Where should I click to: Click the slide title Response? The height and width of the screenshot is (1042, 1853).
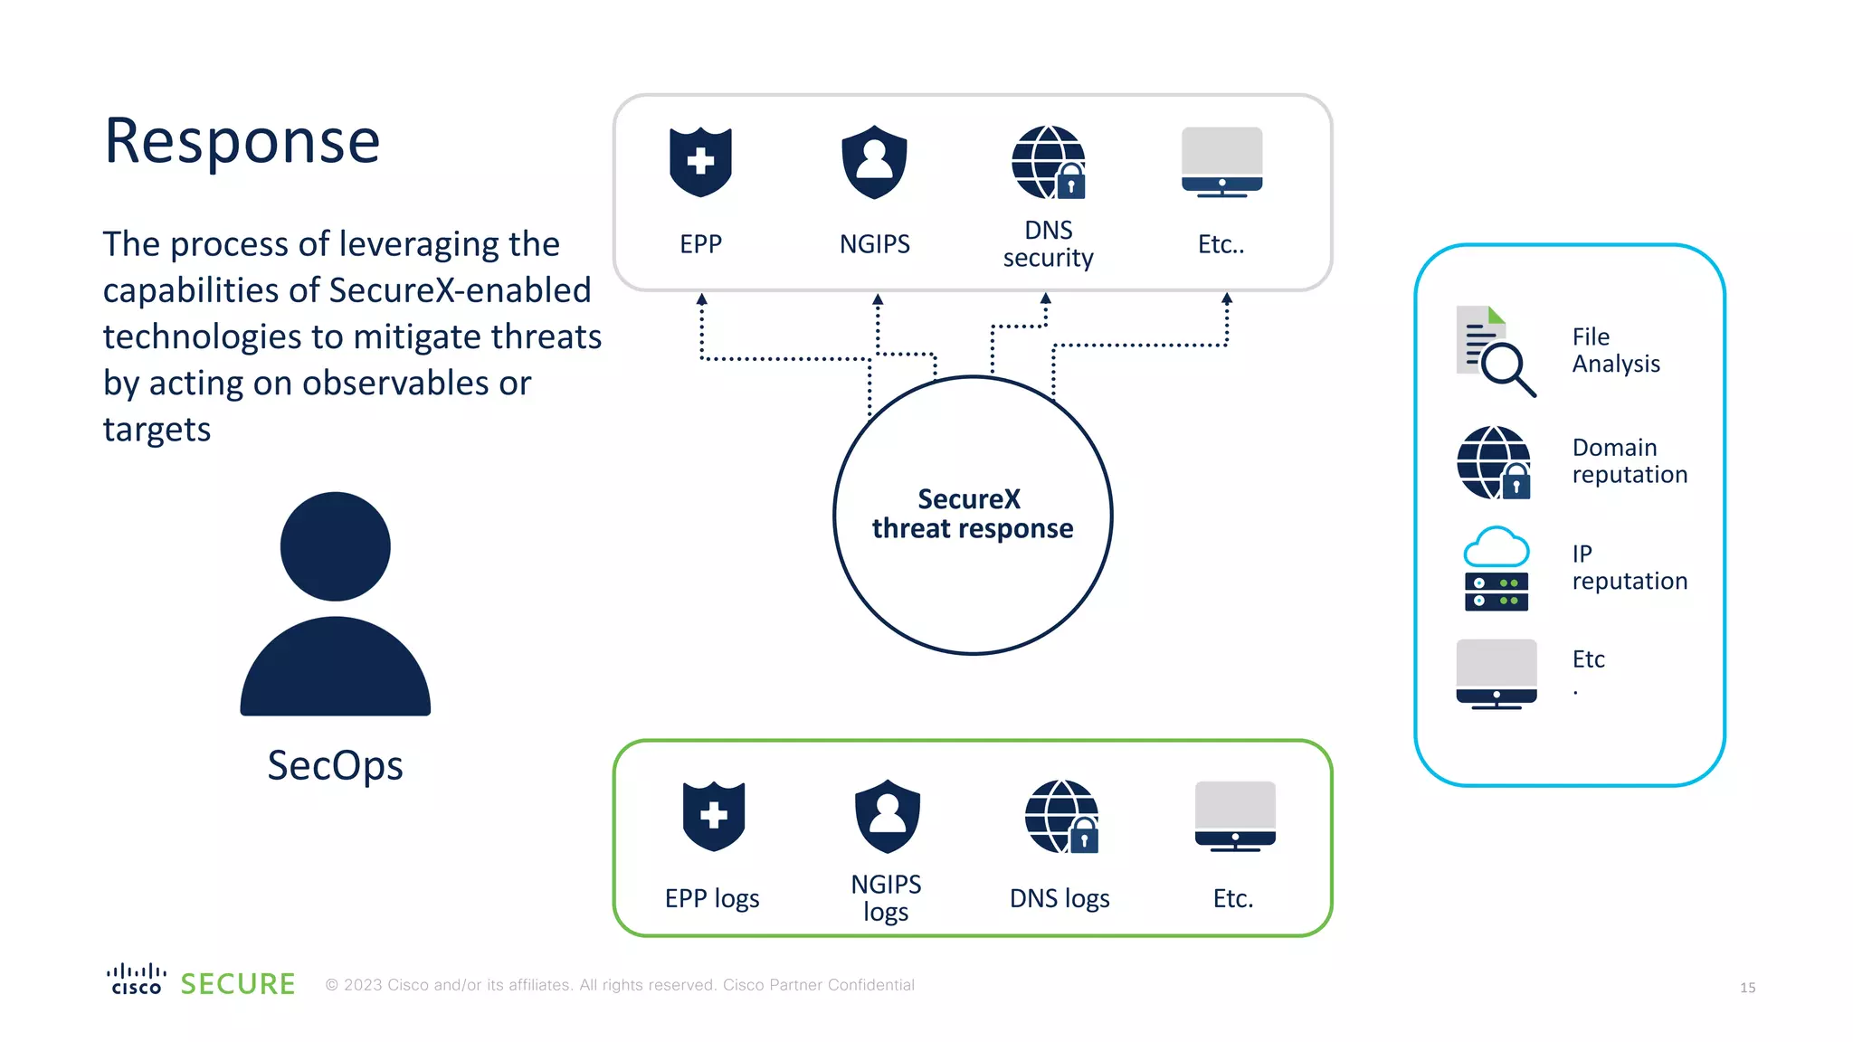pos(242,142)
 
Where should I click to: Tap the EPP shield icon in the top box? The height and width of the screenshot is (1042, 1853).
pos(700,162)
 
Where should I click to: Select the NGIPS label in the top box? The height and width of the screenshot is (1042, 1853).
pos(874,244)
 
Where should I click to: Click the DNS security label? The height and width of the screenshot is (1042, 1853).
pos(1048,244)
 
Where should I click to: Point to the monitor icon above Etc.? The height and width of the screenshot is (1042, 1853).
pos(1221,162)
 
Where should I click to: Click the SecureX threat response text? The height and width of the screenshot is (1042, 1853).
pos(973,514)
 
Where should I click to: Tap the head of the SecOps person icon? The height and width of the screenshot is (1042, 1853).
pos(335,546)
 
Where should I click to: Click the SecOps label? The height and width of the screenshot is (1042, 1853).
pos(335,765)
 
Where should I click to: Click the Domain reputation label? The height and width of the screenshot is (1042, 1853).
pos(1629,461)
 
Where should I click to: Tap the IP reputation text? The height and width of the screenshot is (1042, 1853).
pos(1629,567)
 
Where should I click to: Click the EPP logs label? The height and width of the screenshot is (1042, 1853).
pos(712,898)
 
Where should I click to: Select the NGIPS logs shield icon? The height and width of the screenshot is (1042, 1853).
pos(887,816)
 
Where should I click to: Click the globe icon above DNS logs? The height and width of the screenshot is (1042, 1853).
pos(1061,816)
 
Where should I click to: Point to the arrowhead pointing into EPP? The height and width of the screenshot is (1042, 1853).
pos(701,298)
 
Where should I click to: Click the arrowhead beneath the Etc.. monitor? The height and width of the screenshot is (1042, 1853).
pos(1227,298)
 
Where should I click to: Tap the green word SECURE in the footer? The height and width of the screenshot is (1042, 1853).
pos(238,984)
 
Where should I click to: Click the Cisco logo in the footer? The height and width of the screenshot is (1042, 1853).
pos(137,980)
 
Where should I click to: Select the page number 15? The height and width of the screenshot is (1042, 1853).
pos(1747,988)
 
